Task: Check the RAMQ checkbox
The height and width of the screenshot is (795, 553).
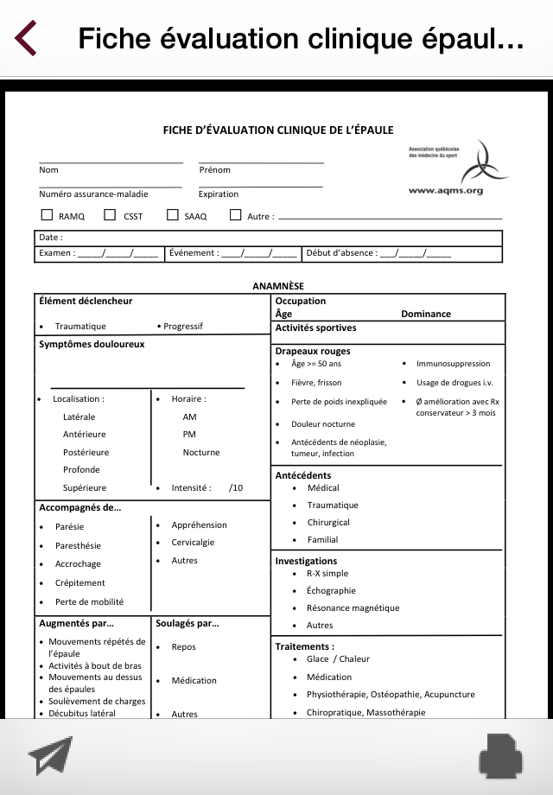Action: tap(48, 215)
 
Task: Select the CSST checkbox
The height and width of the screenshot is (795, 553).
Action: tap(110, 215)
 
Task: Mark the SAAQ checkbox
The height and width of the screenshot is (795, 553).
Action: tap(173, 215)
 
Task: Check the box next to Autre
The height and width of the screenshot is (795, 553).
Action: tap(235, 215)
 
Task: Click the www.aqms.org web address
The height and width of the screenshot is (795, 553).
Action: tap(445, 191)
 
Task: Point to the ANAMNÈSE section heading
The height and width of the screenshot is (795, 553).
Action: tap(278, 286)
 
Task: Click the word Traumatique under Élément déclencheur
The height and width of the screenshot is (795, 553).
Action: tap(80, 327)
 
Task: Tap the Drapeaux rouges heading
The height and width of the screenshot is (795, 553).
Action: tap(313, 351)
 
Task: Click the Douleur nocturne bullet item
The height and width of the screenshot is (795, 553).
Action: tap(322, 424)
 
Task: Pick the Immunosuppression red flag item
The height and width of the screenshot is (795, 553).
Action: tap(453, 364)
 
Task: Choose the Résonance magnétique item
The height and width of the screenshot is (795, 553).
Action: tap(353, 607)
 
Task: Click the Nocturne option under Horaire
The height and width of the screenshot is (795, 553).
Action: tap(201, 452)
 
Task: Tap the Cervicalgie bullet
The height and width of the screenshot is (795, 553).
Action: tap(193, 543)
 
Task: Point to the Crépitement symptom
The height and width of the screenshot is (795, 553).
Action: tap(80, 583)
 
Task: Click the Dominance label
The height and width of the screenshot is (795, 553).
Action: tap(426, 315)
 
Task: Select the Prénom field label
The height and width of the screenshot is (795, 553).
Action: tap(215, 170)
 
